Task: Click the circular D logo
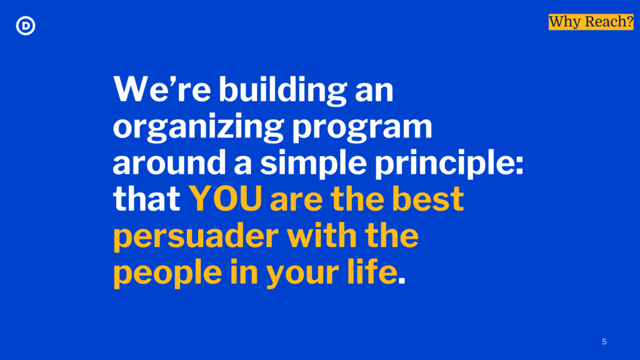(25, 25)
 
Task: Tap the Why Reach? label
(591, 22)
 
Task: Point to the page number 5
(604, 342)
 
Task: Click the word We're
(162, 89)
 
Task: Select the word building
(283, 90)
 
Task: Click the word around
(169, 162)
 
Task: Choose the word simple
(313, 163)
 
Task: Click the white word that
(146, 199)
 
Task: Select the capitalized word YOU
(225, 199)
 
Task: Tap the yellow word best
(427, 199)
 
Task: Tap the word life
(372, 272)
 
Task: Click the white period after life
(402, 281)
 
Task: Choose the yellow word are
(296, 201)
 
